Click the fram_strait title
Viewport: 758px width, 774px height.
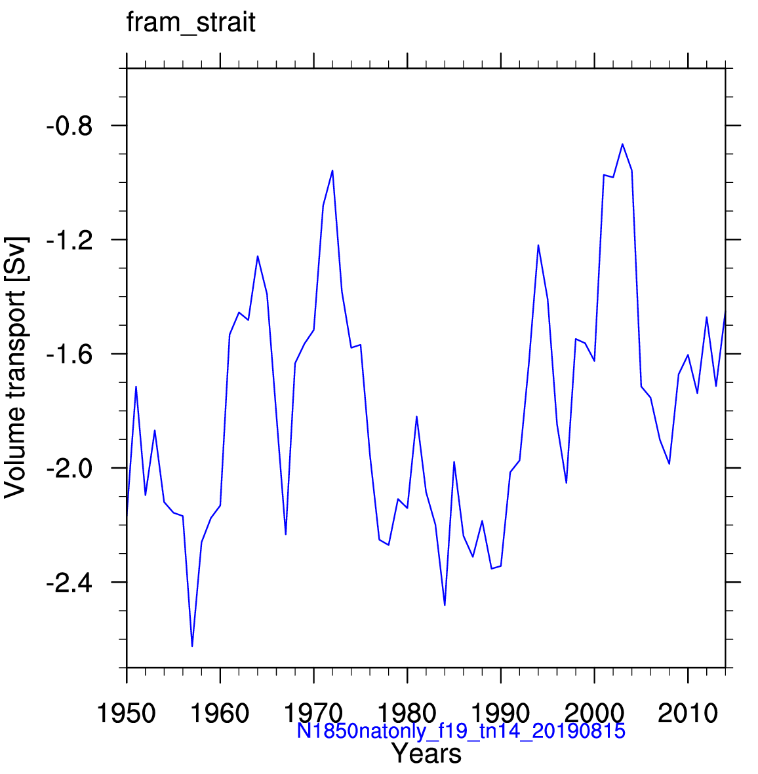[x=191, y=23]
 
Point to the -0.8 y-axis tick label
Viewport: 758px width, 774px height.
[x=70, y=126]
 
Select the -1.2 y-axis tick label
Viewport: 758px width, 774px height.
[x=70, y=241]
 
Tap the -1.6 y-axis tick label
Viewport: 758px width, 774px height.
[x=70, y=355]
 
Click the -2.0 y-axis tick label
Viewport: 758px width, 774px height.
[x=70, y=469]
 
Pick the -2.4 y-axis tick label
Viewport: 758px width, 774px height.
[x=70, y=583]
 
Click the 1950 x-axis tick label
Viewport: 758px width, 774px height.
[x=127, y=713]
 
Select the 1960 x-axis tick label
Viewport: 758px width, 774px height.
[x=220, y=713]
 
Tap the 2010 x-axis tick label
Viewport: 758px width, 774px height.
[x=687, y=713]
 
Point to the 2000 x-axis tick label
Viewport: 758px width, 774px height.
[x=594, y=713]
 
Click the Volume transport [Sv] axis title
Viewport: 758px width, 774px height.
[x=15, y=368]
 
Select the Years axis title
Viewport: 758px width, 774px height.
[x=427, y=754]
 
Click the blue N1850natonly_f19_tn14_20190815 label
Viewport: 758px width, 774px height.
[x=461, y=731]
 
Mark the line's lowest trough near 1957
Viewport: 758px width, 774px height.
[x=192, y=646]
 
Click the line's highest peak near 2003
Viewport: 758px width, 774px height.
[x=622, y=144]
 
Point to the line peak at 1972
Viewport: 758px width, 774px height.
[x=332, y=170]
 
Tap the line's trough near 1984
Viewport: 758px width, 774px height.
[x=445, y=605]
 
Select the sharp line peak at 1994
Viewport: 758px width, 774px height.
[x=538, y=245]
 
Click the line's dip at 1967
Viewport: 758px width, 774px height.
[x=285, y=534]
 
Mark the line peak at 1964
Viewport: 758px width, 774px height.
[x=258, y=256]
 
